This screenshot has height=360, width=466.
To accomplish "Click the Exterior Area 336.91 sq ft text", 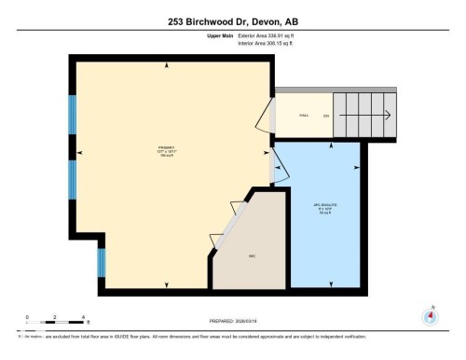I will pyautogui.click(x=271, y=35).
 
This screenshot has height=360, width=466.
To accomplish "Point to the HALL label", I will pyautogui.click(x=304, y=116).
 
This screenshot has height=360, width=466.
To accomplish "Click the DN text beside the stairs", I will pyautogui.click(x=326, y=116).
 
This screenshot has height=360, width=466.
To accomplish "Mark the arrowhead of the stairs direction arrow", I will pyautogui.click(x=387, y=116).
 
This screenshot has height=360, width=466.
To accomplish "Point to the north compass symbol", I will pyautogui.click(x=431, y=315).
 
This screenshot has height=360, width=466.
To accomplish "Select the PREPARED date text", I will pyautogui.click(x=233, y=323).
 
